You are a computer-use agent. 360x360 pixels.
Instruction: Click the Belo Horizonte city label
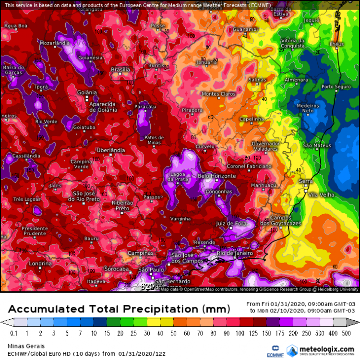coord(217,176)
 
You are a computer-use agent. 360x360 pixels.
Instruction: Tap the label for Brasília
coord(120,70)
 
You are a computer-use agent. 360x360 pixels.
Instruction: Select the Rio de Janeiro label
coord(235,253)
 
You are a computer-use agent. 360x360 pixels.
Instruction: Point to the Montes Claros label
coord(218,94)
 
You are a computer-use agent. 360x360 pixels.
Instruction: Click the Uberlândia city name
coord(111,150)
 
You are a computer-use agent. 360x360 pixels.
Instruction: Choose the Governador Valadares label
coord(265,146)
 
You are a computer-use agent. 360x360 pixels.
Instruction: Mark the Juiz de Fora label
coord(231,224)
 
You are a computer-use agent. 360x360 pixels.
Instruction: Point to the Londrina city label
coord(40,264)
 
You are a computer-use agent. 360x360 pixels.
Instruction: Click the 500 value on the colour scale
coord(345,333)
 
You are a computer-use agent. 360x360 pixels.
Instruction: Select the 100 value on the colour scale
coord(239,333)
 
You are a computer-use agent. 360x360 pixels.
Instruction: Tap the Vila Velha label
coord(320,194)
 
